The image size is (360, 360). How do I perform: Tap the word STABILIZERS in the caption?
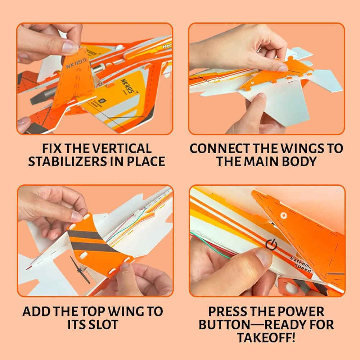65,161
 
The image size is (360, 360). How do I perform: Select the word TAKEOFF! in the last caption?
266,338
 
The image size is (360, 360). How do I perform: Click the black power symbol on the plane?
271,244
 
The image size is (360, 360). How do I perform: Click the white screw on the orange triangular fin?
283,216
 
